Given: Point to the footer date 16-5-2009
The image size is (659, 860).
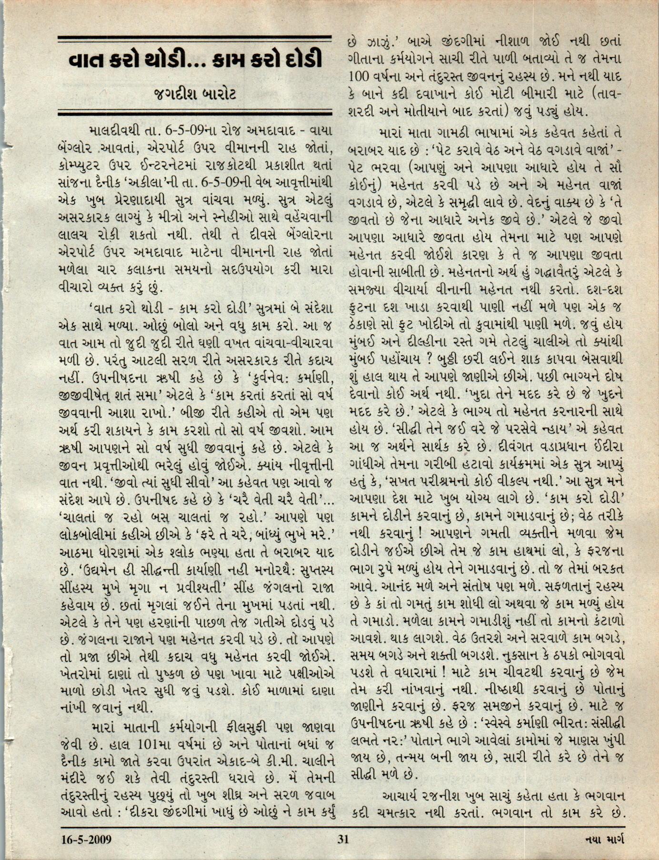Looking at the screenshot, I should (x=86, y=839).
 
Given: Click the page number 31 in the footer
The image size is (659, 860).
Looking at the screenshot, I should (x=343, y=839).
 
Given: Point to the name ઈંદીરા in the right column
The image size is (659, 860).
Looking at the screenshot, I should (x=605, y=450).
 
